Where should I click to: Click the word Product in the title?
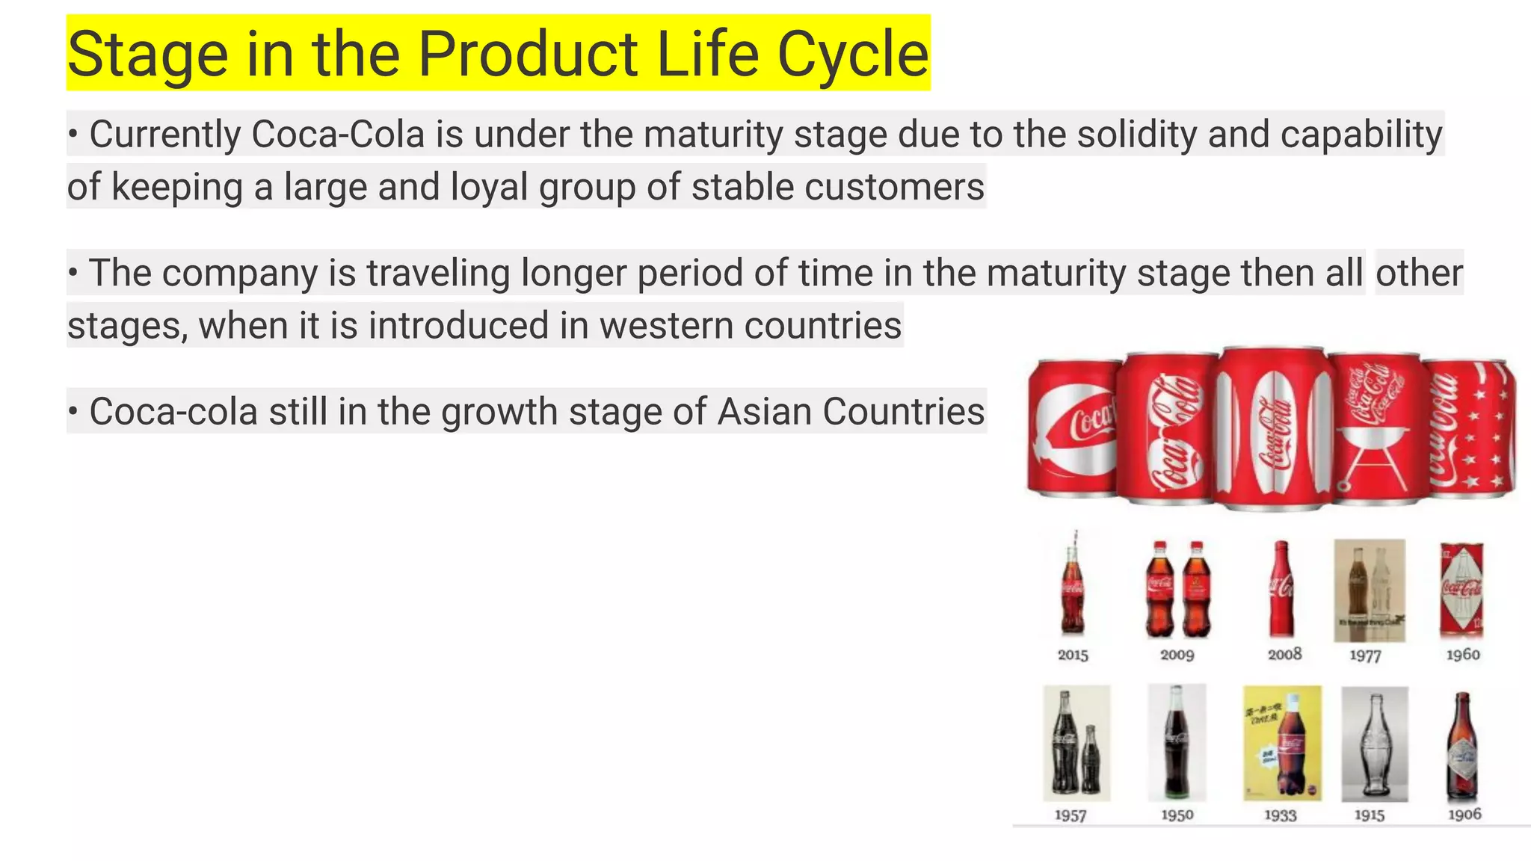528,55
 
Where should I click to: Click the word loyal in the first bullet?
489,187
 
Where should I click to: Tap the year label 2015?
1073,655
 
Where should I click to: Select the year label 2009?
1177,655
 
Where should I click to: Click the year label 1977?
1364,655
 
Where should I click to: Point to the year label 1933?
1280,815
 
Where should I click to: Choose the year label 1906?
1464,815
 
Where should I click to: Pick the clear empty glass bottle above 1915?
1374,744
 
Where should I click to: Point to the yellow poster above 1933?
1281,743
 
